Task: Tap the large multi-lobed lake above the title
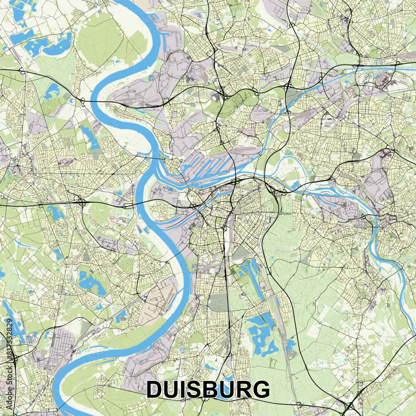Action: pyautogui.click(x=261, y=333)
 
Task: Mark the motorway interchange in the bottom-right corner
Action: pyautogui.click(x=349, y=406)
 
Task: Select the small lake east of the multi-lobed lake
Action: pyautogui.click(x=291, y=345)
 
